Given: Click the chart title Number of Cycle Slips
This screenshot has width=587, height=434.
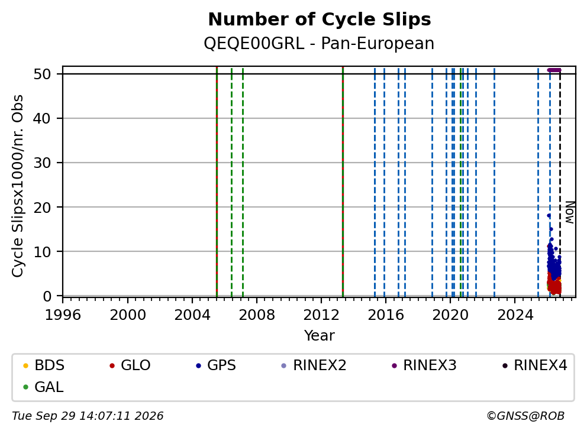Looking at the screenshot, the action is (x=320, y=20).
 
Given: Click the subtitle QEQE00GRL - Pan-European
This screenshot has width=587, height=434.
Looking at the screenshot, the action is (x=319, y=44).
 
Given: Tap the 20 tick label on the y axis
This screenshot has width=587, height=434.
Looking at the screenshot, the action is (x=42, y=208).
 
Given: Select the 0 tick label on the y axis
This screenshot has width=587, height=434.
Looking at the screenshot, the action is (x=47, y=296).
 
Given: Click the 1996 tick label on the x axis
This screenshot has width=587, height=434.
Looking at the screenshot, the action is (x=63, y=315).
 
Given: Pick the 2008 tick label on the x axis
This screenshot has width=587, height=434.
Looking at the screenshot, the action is (x=257, y=315).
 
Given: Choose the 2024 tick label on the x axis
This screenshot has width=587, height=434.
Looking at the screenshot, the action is (x=515, y=315).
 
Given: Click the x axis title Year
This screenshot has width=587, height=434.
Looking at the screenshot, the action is (x=320, y=336).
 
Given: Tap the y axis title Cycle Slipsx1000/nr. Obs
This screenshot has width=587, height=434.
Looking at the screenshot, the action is (x=18, y=186).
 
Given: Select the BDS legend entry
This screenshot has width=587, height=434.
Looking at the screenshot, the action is (x=44, y=365).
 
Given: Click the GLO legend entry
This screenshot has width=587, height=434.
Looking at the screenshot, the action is (x=130, y=365).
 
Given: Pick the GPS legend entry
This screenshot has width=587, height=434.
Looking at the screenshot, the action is (x=216, y=365).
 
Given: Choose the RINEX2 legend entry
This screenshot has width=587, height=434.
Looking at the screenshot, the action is (x=314, y=365).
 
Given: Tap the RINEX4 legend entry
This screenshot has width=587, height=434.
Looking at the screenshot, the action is (x=534, y=365).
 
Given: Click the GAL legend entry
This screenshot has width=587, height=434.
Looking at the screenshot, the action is (x=43, y=387).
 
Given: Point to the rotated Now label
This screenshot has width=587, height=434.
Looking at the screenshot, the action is (x=570, y=212).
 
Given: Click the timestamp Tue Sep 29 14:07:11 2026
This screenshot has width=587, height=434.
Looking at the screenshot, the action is (x=88, y=416).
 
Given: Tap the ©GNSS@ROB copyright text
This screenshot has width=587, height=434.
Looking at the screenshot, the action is (x=525, y=416).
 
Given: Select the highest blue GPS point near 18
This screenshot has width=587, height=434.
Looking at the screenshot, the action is (x=549, y=215).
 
